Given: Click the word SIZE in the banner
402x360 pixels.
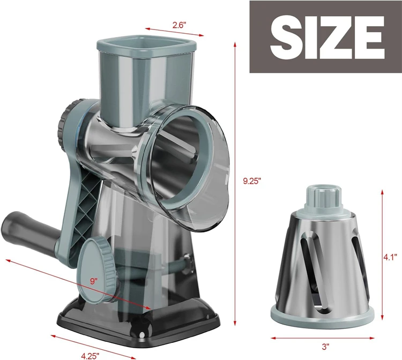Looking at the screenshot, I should tap(326, 37).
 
